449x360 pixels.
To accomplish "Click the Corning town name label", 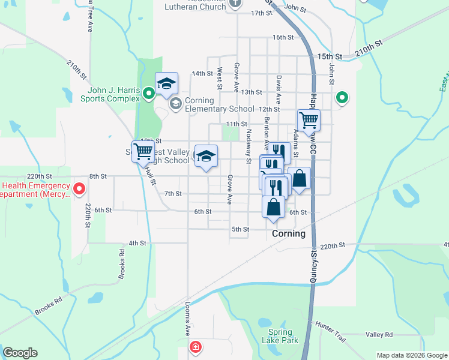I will pyautogui.click(x=289, y=233).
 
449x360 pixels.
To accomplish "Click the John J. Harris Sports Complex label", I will pyautogui.click(x=110, y=94).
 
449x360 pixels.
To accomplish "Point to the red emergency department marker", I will pyautogui.click(x=79, y=190).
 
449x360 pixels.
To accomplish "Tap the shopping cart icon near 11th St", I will pyautogui.click(x=309, y=120).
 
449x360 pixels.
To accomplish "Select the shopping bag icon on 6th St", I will pyautogui.click(x=273, y=207).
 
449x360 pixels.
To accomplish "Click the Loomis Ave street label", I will pyautogui.click(x=187, y=318).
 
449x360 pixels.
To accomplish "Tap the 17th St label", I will pyautogui.click(x=262, y=13).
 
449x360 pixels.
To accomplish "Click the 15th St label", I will pyautogui.click(x=330, y=56).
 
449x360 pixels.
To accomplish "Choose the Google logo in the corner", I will pyautogui.click(x=20, y=353).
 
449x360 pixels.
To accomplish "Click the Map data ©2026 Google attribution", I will pyautogui.click(x=411, y=355).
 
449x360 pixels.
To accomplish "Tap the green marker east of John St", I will pyautogui.click(x=342, y=97).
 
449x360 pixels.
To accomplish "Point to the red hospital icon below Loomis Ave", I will pyautogui.click(x=195, y=347).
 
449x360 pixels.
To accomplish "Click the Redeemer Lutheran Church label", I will pyautogui.click(x=198, y=4).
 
